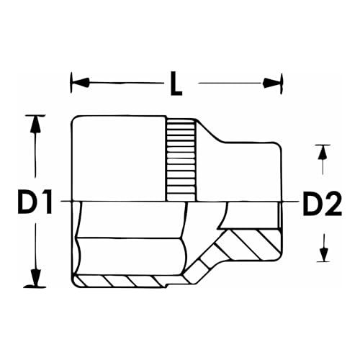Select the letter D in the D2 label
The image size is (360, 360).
pos(310,205)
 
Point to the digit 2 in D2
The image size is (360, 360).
pos(332,205)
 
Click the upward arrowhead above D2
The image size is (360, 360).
pos(323,153)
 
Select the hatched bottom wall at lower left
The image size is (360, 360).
pos(122,279)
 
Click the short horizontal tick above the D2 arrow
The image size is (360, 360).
pos(323,144)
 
